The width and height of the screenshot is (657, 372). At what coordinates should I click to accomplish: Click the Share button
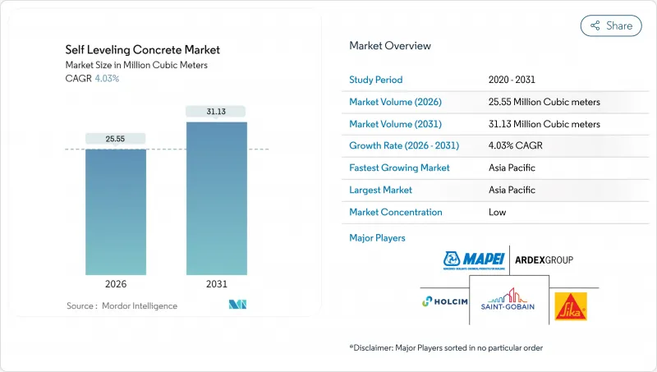(x=611, y=25)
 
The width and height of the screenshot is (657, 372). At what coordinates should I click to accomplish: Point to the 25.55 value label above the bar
(x=116, y=139)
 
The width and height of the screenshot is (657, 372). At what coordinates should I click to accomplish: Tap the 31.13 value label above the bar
(x=216, y=112)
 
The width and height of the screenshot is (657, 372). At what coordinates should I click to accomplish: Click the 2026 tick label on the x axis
(x=116, y=284)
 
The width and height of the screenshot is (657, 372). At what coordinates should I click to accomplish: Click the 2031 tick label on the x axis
(x=216, y=284)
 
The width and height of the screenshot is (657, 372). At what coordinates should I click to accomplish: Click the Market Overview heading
(x=390, y=45)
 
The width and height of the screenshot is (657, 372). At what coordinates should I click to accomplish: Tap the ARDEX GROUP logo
(x=543, y=260)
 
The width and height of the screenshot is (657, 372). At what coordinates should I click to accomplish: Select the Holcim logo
(x=444, y=301)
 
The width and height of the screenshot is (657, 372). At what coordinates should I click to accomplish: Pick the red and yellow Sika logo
(x=570, y=305)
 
